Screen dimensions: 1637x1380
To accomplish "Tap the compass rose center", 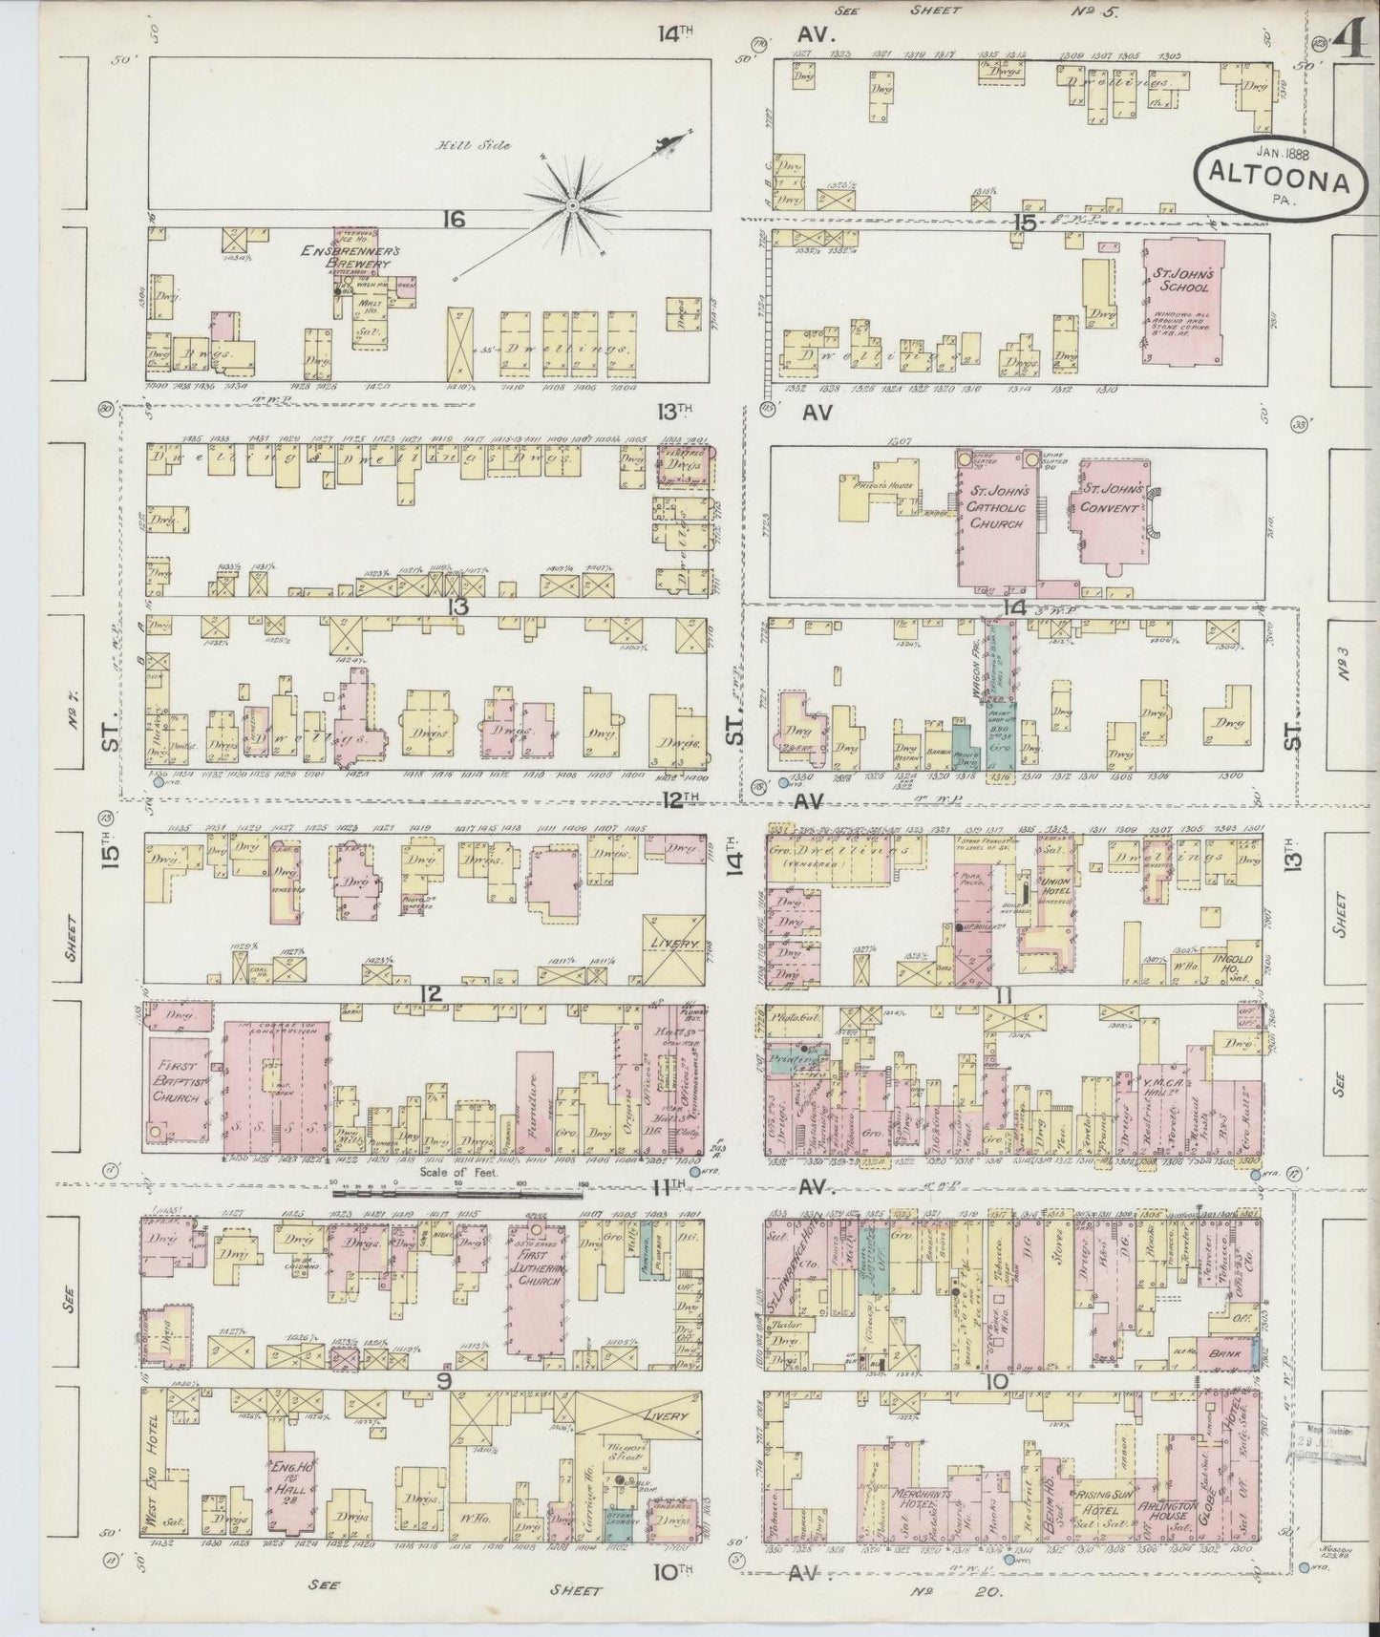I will (x=572, y=204).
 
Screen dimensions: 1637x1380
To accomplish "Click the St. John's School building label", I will (x=1183, y=280).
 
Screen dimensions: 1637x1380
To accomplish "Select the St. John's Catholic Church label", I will (x=997, y=506).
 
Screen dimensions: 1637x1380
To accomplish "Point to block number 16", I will (x=454, y=221).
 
